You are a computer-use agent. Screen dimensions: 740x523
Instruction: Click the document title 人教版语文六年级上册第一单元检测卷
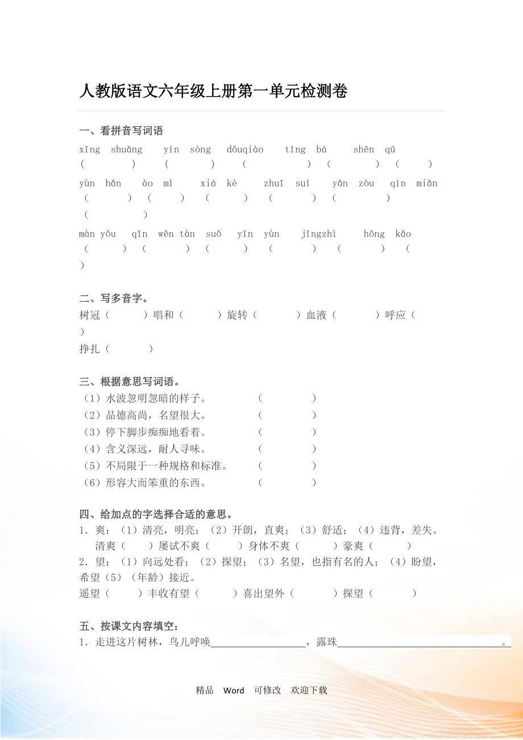point(213,92)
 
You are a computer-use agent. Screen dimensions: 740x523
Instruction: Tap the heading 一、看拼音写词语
point(121,131)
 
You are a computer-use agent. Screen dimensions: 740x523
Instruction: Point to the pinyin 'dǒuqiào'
point(245,150)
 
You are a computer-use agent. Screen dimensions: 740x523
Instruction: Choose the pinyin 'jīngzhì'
point(318,234)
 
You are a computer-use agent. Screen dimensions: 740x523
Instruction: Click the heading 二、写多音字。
point(114,298)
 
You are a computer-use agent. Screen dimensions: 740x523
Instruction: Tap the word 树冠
point(90,315)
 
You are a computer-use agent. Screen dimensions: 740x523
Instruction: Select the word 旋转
point(237,315)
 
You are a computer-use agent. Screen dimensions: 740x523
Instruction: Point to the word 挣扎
point(90,349)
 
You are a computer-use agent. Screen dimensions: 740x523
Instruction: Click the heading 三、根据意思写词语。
point(130,381)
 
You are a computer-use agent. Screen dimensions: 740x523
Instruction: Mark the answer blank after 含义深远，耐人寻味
point(287,449)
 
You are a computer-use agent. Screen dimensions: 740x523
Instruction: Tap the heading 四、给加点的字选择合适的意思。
point(155,515)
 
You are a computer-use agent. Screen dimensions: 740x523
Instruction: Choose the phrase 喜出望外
point(264,593)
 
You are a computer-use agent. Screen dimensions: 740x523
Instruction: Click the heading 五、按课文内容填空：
point(129,626)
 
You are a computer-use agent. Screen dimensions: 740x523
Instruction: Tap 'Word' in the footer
point(234,691)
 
